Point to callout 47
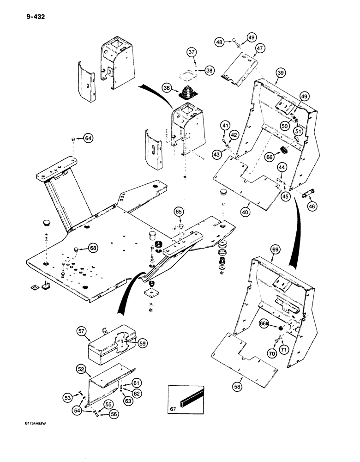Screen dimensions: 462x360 [259, 49]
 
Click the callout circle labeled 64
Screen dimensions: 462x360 [88, 138]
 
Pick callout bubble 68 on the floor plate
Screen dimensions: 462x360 [93, 249]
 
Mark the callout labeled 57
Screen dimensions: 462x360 [82, 331]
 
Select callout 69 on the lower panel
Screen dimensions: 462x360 [275, 250]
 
